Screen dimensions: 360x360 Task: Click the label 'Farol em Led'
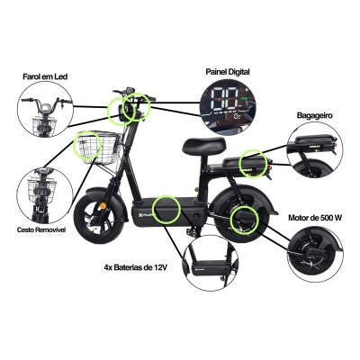(x=43, y=78)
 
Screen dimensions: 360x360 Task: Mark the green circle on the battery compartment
(x=167, y=209)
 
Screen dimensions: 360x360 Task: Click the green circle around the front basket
(x=89, y=146)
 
